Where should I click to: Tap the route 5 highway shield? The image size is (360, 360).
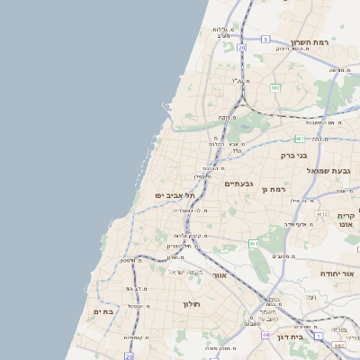pyautogui.click(x=267, y=39)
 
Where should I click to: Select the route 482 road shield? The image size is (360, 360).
pyautogui.click(x=274, y=87)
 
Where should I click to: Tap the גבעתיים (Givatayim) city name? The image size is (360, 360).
pyautogui.click(x=240, y=183)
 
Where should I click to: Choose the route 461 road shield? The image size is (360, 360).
pyautogui.click(x=255, y=244)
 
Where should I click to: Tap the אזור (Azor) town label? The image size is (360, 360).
pyautogui.click(x=219, y=274)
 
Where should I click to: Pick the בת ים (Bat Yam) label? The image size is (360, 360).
pyautogui.click(x=103, y=310)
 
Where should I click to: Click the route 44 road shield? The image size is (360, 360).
pyautogui.click(x=265, y=335)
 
